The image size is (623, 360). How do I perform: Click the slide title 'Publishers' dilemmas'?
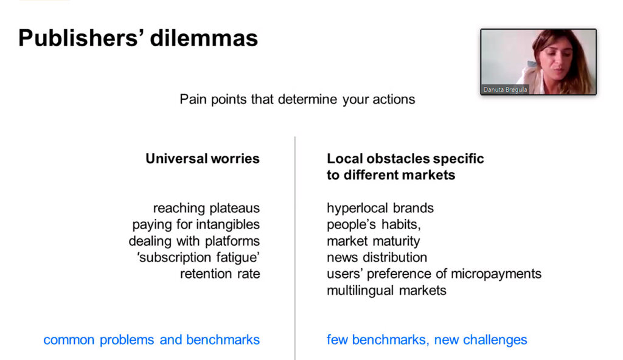(138, 38)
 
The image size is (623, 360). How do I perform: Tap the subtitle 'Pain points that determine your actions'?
(297, 99)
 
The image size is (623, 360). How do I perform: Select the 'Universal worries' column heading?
(202, 159)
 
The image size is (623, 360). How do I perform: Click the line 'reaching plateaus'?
(206, 208)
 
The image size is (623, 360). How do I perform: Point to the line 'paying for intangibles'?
(196, 224)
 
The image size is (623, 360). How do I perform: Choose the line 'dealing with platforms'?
(194, 241)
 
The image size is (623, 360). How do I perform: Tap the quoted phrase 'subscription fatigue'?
(198, 257)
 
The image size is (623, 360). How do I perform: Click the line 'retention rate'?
(220, 274)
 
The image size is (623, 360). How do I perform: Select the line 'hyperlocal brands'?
(380, 208)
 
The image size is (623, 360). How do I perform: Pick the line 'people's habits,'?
(374, 224)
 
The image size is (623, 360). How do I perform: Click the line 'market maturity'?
(374, 241)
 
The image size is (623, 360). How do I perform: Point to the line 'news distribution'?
(377, 257)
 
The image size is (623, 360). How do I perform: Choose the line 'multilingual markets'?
(386, 291)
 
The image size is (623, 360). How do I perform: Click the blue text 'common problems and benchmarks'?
(151, 340)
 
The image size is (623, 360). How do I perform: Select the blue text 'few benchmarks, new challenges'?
(426, 340)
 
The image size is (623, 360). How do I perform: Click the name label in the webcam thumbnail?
(505, 90)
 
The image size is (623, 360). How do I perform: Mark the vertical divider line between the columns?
(295, 248)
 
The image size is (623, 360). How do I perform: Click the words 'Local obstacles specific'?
(405, 159)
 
